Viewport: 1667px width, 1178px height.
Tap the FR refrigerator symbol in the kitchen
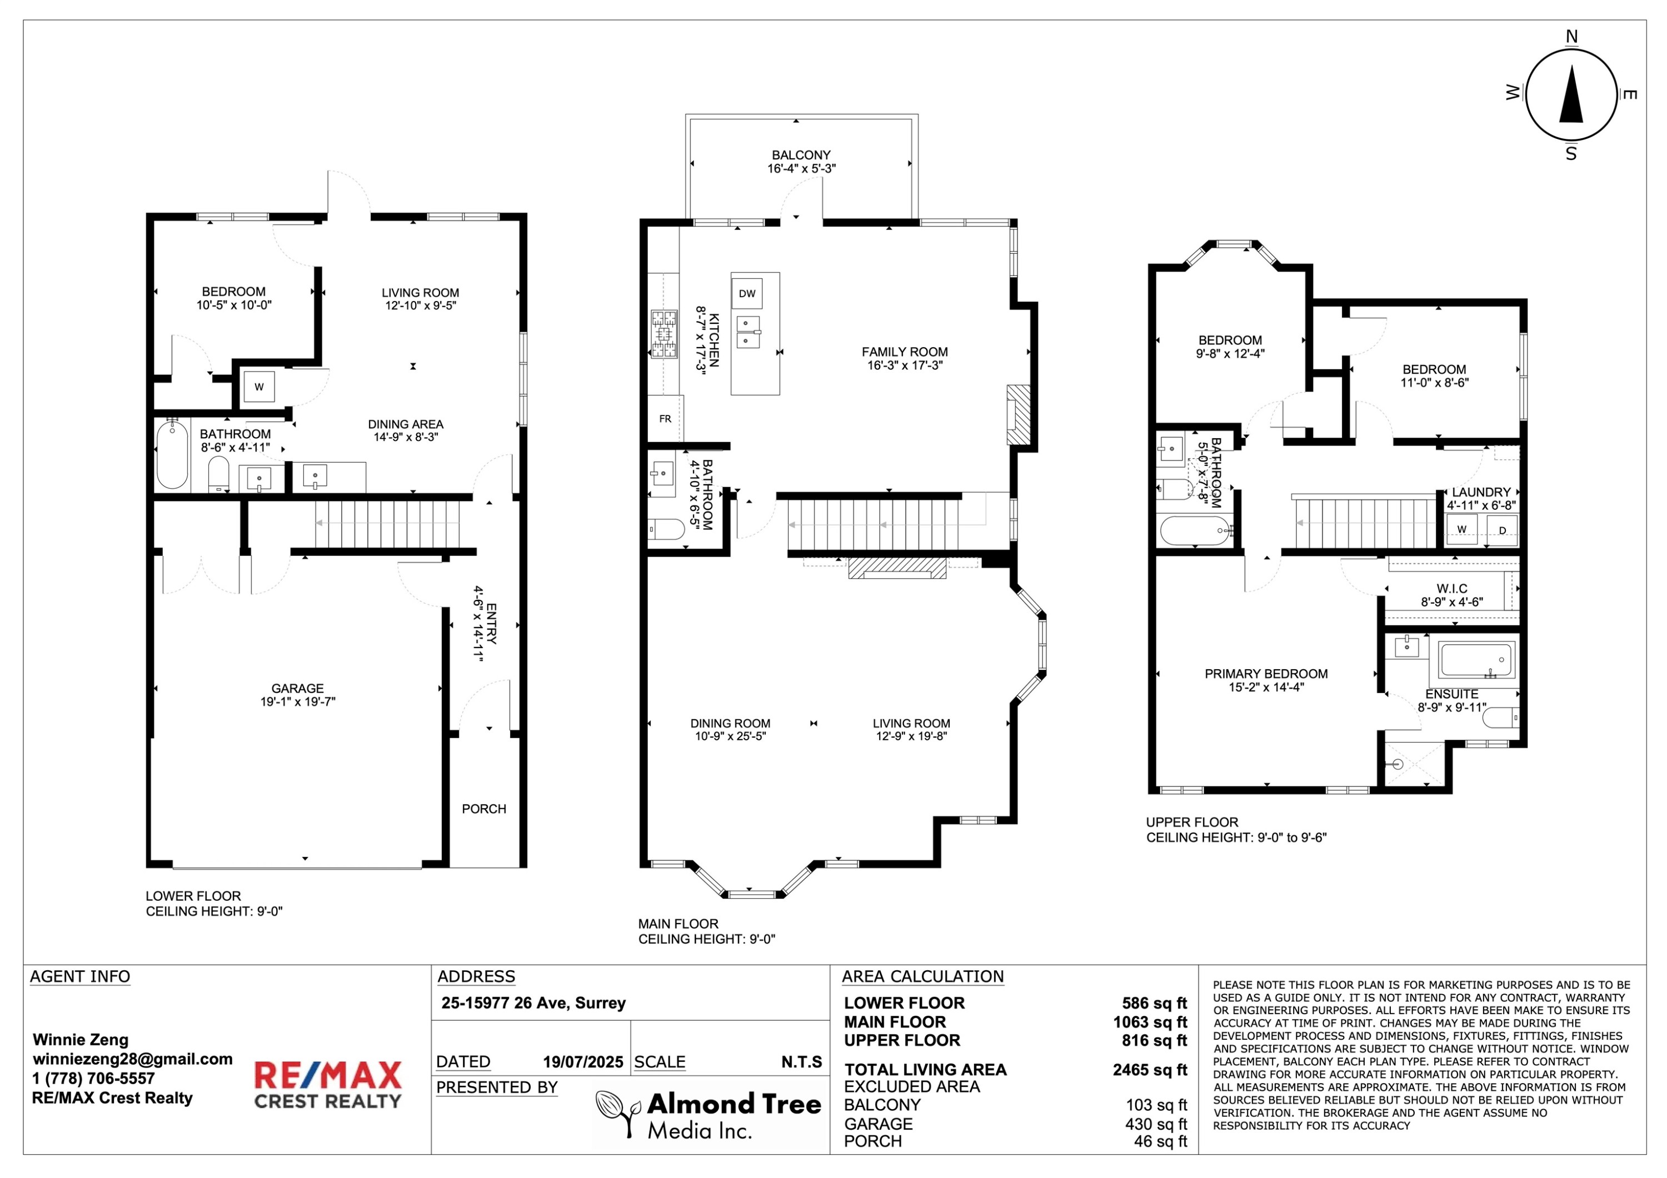point(665,419)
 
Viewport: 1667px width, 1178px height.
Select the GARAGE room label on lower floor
point(298,688)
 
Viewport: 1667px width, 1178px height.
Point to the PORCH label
point(483,809)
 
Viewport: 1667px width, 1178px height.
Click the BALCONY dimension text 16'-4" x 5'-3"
point(802,168)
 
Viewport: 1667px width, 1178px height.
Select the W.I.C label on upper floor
point(1452,589)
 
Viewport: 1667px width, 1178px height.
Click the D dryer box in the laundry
point(1502,530)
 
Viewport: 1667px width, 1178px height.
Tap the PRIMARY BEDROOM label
point(1266,674)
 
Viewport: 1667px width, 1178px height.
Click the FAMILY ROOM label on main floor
point(905,352)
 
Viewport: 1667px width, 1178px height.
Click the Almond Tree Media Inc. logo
point(708,1114)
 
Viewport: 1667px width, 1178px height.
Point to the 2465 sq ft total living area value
point(1150,1070)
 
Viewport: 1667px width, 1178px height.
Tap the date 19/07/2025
point(583,1062)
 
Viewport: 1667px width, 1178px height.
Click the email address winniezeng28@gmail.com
point(132,1059)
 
